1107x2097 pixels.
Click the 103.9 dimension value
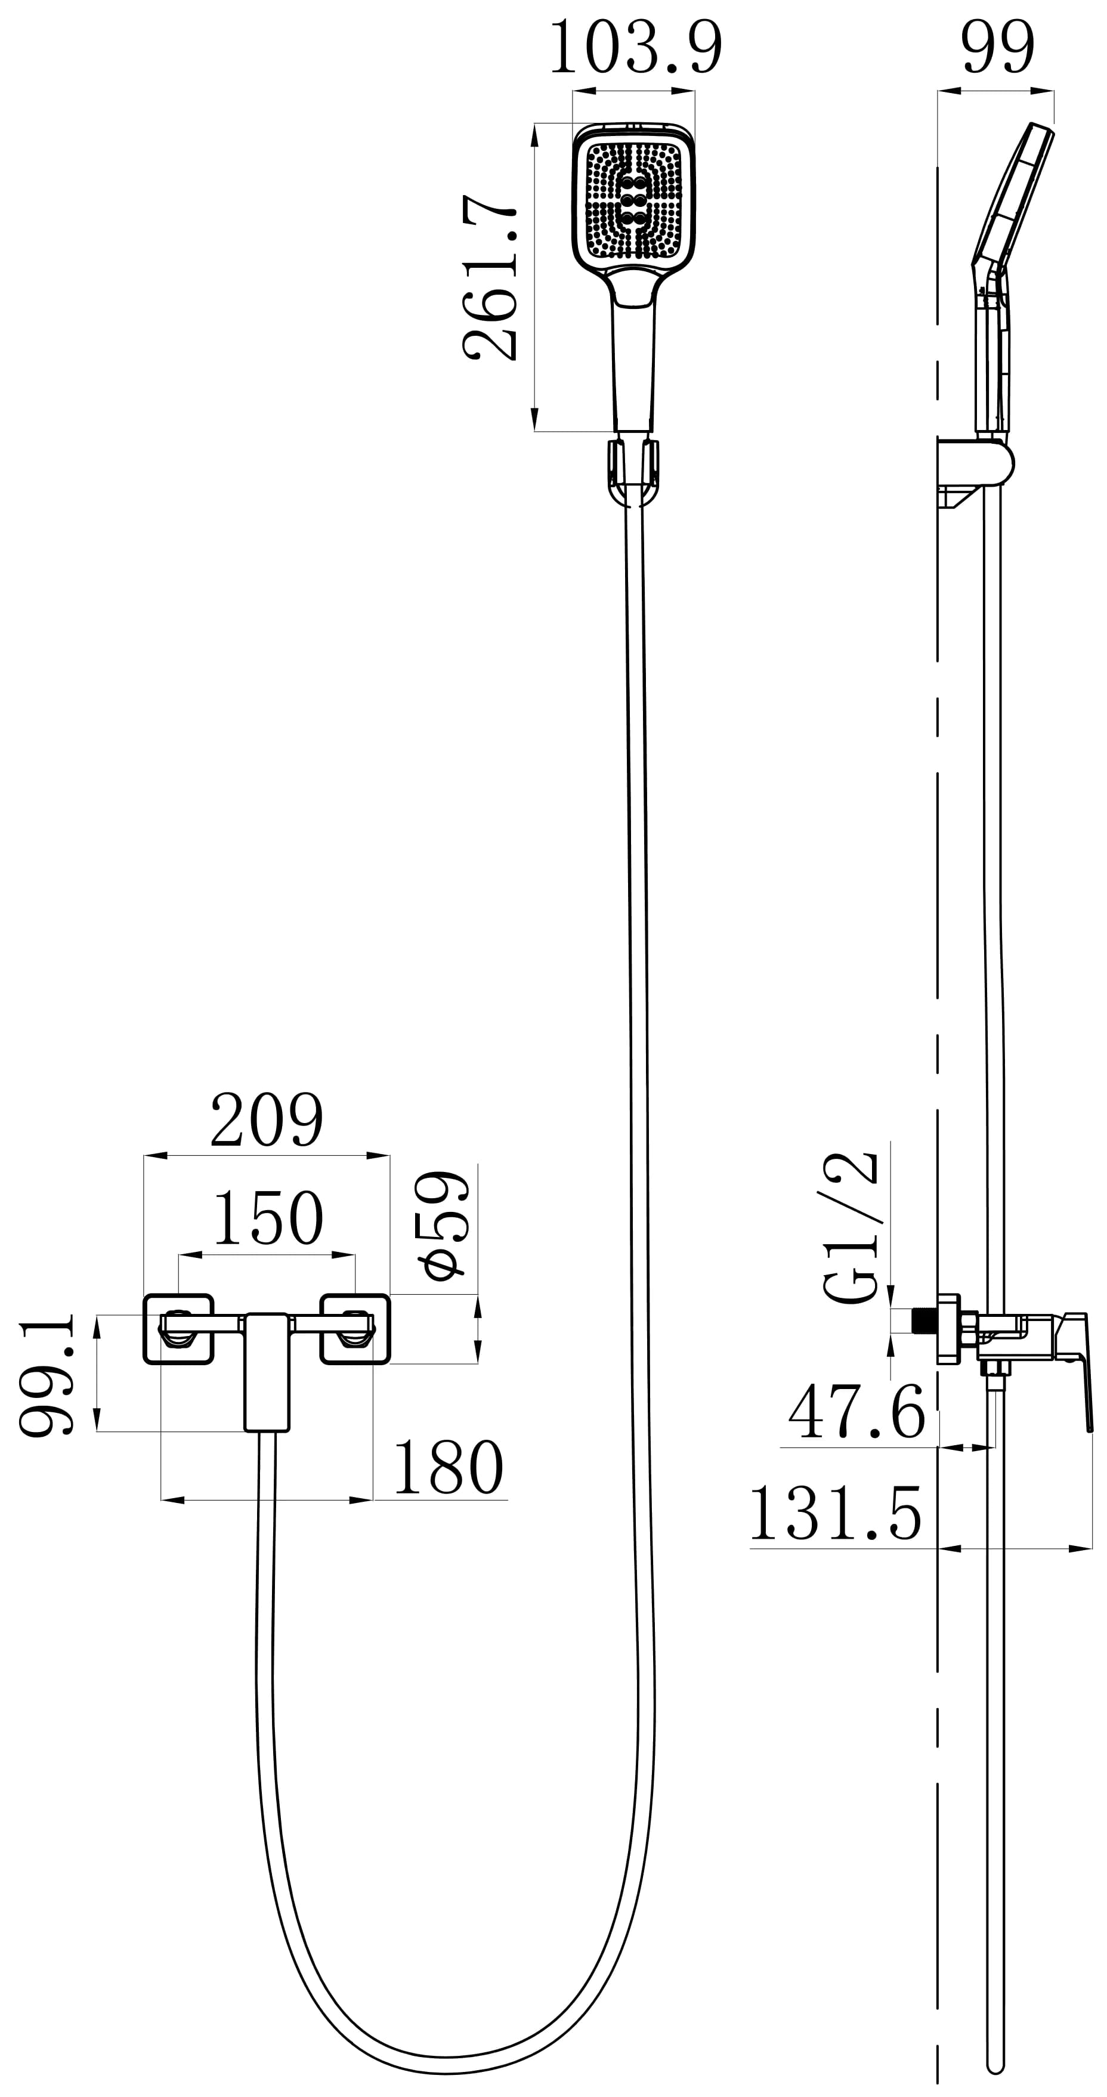click(x=636, y=48)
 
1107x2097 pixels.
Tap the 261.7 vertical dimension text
click(x=489, y=277)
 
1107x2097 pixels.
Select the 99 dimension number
click(x=998, y=48)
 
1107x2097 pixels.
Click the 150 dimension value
click(x=268, y=1218)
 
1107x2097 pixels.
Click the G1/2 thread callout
click(x=851, y=1229)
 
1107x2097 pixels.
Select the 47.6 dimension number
click(x=856, y=1412)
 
